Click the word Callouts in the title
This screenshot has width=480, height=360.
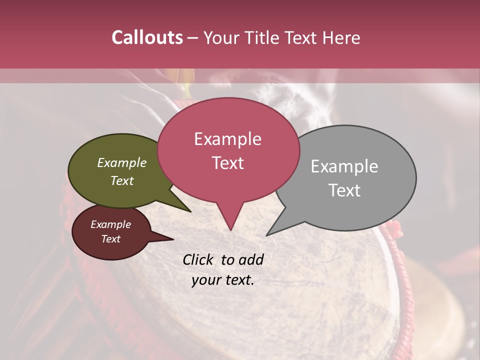click(147, 37)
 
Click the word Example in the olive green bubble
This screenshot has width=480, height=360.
click(122, 162)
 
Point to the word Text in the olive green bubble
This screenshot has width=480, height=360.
click(122, 180)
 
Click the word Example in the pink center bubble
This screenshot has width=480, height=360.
click(227, 139)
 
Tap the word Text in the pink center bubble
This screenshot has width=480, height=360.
click(227, 163)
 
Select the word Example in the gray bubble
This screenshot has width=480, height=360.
click(344, 166)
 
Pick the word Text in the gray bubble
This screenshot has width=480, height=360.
click(344, 190)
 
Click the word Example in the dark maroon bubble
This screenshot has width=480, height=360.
click(110, 224)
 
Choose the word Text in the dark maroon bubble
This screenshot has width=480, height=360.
click(110, 239)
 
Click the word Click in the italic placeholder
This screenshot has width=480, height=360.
click(198, 259)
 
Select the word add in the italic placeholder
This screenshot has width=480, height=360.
click(251, 259)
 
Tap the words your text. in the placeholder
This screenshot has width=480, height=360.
click(223, 280)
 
